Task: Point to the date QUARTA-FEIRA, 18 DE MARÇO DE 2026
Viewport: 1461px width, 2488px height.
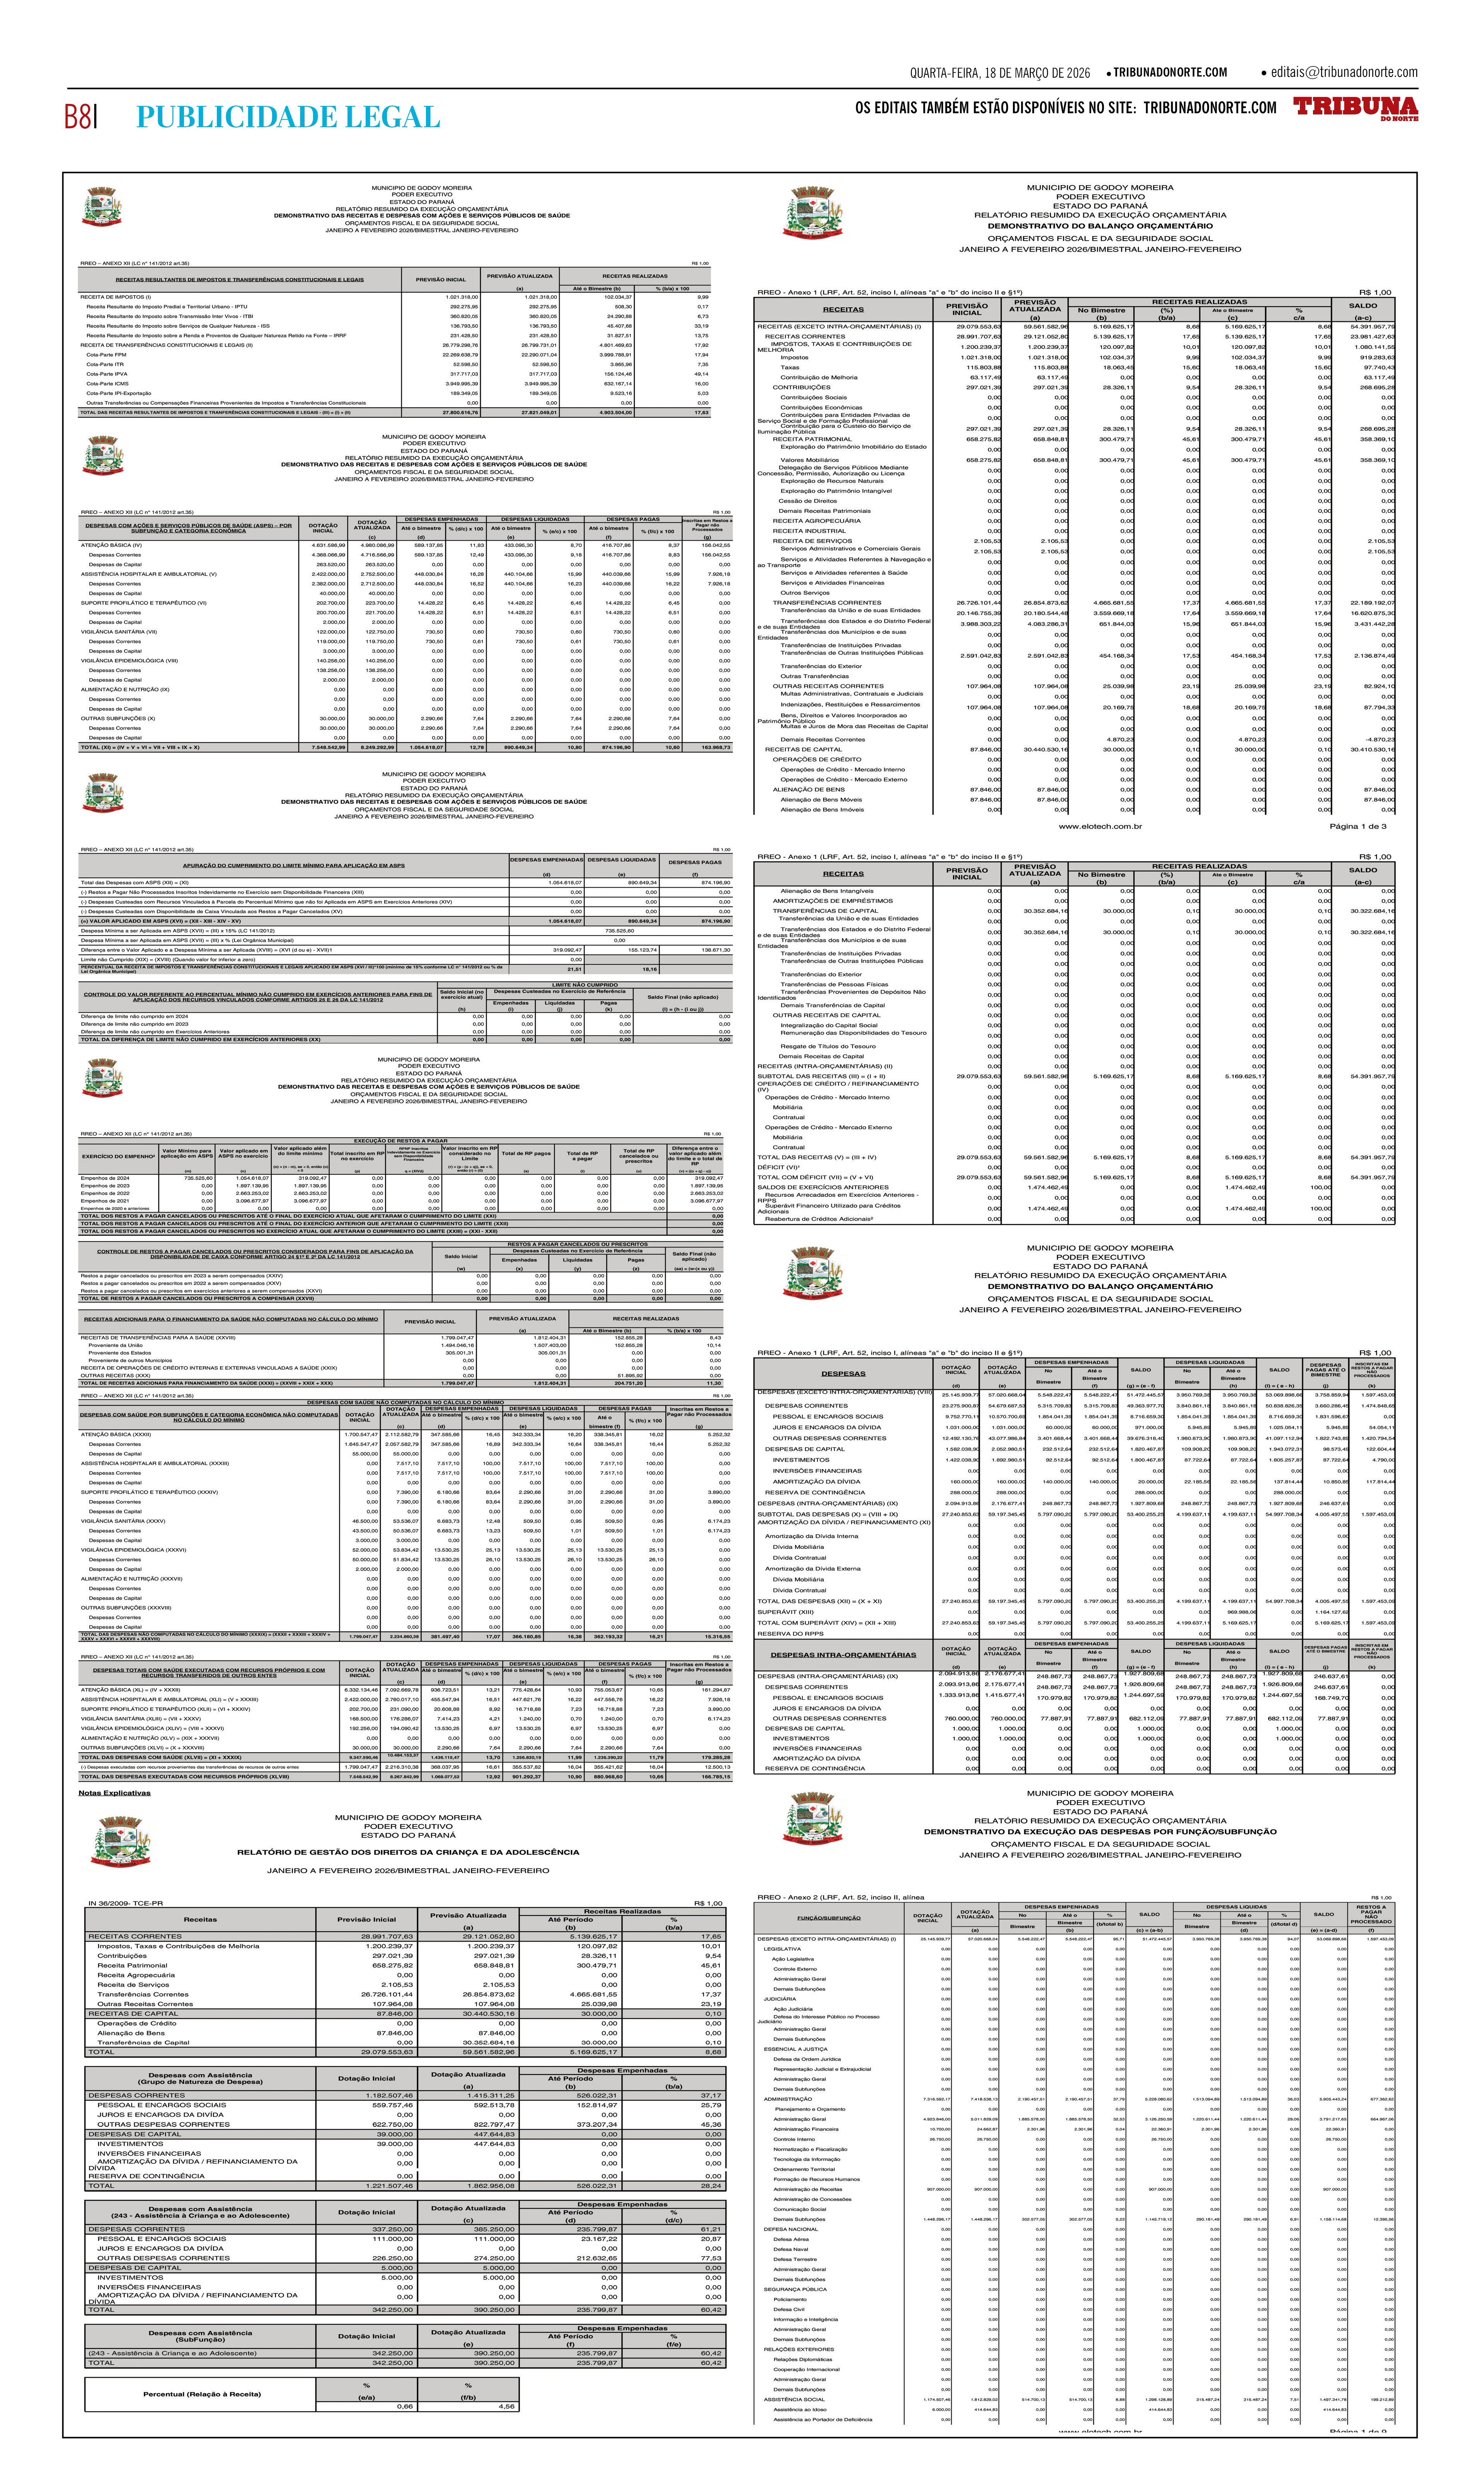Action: pyautogui.click(x=999, y=73)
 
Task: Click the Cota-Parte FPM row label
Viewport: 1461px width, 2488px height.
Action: pyautogui.click(x=107, y=354)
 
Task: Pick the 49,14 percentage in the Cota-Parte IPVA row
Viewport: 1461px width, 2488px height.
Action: pyautogui.click(x=702, y=373)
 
